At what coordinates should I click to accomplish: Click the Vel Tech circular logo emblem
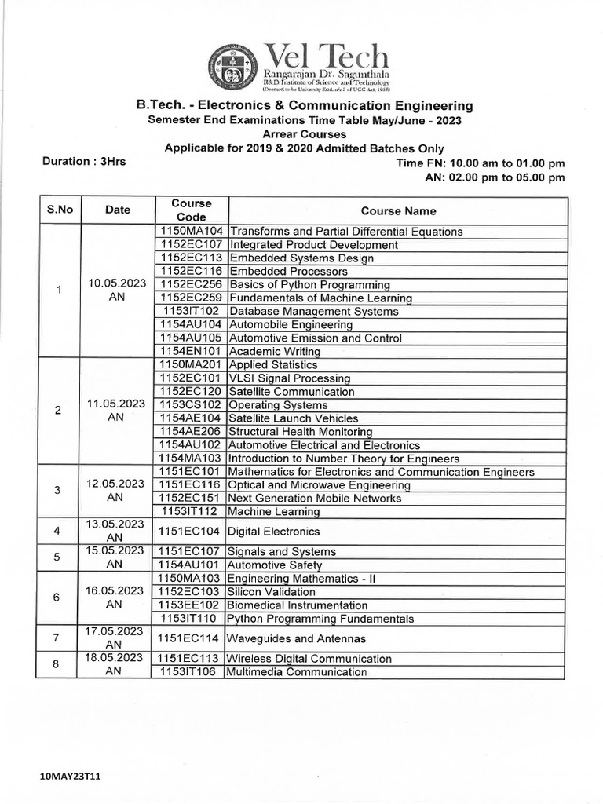[x=235, y=66]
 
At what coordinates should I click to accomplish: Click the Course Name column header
[x=398, y=210]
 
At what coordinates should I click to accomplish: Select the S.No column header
[x=60, y=210]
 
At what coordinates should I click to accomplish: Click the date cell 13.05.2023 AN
[x=115, y=531]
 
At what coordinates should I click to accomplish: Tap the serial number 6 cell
[x=57, y=598]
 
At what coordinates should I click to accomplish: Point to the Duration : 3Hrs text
[x=83, y=162]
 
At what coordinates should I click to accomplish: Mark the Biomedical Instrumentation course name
[x=298, y=605]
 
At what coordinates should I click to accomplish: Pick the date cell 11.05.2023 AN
[x=115, y=411]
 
